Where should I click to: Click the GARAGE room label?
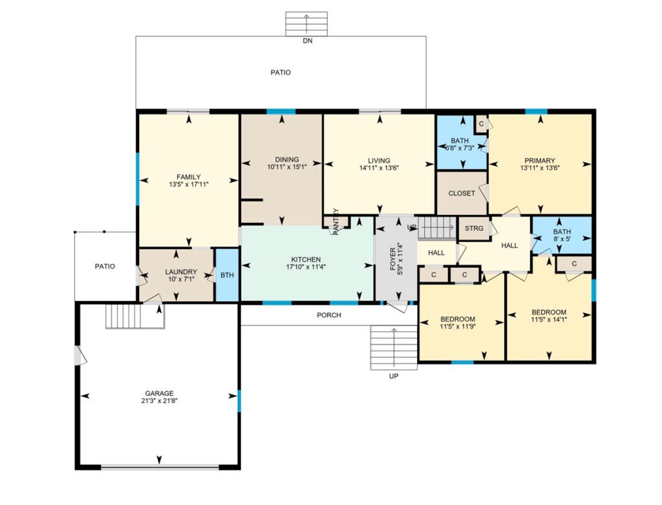(159, 393)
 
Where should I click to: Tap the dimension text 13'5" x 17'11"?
(189, 184)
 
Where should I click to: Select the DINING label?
(287, 160)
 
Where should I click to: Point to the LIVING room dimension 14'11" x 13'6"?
(379, 168)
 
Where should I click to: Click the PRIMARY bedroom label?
(540, 161)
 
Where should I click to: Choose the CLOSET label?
(462, 193)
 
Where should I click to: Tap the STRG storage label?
(474, 228)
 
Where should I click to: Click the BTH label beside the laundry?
(227, 275)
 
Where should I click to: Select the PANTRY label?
(336, 221)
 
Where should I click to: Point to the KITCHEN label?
(306, 260)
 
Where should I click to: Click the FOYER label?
(392, 259)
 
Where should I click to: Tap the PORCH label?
(329, 315)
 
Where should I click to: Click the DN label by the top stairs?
(308, 41)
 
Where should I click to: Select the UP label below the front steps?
(394, 376)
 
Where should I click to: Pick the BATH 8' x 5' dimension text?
(562, 238)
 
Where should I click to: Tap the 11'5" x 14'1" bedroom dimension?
(549, 320)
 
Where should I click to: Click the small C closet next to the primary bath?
(481, 124)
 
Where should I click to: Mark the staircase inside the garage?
(134, 316)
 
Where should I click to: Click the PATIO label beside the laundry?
(105, 267)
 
